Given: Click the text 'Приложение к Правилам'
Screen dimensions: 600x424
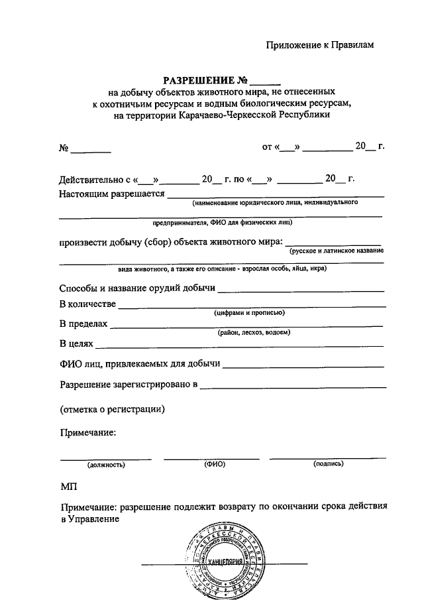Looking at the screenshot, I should click(x=320, y=45).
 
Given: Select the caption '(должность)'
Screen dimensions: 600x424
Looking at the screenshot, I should click(x=106, y=465).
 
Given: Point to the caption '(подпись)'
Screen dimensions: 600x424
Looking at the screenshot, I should click(x=328, y=464).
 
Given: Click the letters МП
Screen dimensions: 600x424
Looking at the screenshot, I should click(x=69, y=486).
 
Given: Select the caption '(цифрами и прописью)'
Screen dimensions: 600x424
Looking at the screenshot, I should click(x=249, y=312).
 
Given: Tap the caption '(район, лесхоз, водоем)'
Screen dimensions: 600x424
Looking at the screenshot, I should click(x=253, y=332).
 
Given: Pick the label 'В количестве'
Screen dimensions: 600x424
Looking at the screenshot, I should click(x=87, y=304).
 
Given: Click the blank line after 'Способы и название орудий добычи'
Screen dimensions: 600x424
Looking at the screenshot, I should click(x=301, y=290).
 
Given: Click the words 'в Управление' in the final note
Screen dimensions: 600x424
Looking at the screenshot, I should click(x=89, y=518).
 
